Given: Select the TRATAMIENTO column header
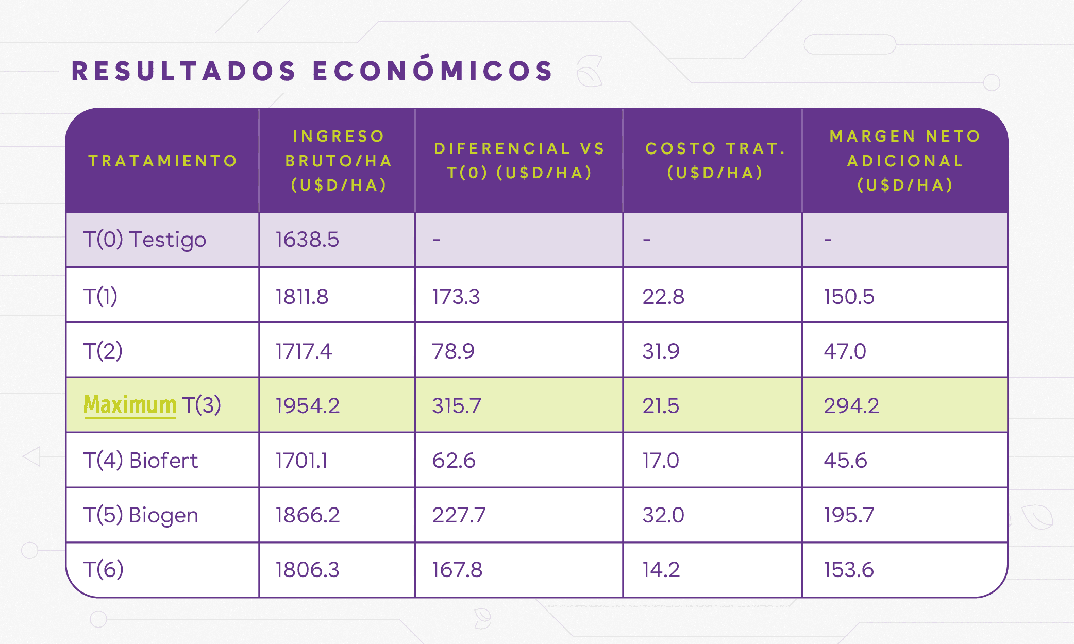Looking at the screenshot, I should [163, 161].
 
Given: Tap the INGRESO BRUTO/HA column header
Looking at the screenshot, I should [338, 161].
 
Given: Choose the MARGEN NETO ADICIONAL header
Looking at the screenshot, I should [905, 161].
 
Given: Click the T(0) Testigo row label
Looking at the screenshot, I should [145, 240].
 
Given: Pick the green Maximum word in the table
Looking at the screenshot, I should [130, 405].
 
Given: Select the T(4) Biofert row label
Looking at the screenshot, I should [141, 460].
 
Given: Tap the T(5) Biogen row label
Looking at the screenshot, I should [141, 515].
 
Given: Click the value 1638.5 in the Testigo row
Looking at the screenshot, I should [307, 240].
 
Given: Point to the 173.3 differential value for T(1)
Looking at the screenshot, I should [456, 297].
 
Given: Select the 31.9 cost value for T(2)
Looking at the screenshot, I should [661, 351].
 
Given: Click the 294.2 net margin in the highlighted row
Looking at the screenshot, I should [851, 406].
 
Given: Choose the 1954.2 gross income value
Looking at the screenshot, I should [308, 406].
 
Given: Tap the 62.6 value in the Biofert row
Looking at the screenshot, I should [454, 461].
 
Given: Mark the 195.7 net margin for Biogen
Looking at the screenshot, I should [849, 515].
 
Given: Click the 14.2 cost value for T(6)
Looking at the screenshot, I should [661, 570].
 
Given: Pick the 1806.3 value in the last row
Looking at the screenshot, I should [307, 570].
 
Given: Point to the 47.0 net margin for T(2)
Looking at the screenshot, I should [845, 351].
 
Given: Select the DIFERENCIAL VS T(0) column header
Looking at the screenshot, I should [518, 160].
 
